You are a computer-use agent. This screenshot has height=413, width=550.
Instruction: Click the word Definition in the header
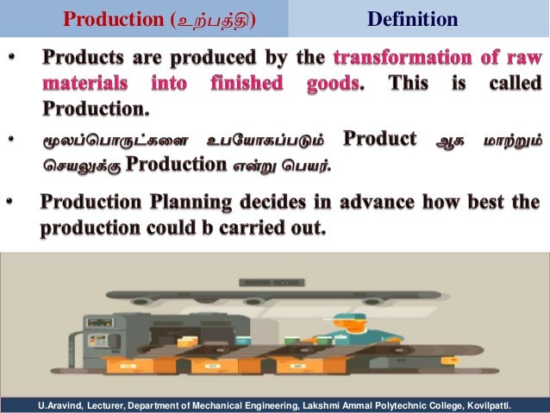(412, 18)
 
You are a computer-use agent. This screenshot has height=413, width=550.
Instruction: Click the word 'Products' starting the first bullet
(81, 59)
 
